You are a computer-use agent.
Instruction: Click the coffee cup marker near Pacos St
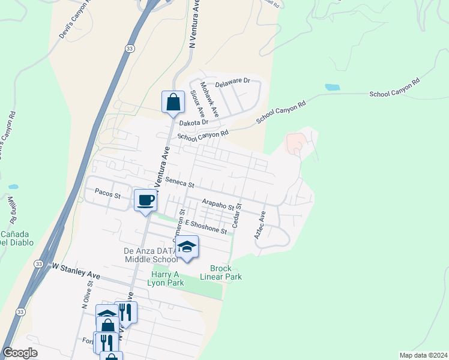click(145, 200)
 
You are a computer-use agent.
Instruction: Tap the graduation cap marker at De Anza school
click(187, 247)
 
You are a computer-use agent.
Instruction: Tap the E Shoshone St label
click(206, 227)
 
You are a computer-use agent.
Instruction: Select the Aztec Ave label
click(259, 226)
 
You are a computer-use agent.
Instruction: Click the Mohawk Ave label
click(210, 99)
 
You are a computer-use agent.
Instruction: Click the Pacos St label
click(108, 194)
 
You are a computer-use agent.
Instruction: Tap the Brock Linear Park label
click(226, 272)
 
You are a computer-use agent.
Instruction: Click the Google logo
click(20, 353)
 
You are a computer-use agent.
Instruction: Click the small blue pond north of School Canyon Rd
click(333, 87)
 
